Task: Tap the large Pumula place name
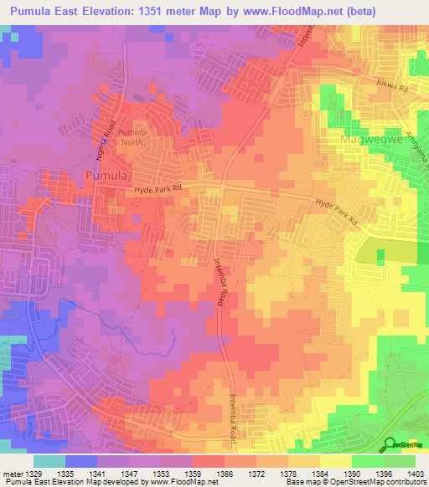(106, 176)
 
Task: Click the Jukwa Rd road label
(391, 86)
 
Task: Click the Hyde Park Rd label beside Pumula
(158, 192)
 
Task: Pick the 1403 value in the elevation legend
(415, 474)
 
